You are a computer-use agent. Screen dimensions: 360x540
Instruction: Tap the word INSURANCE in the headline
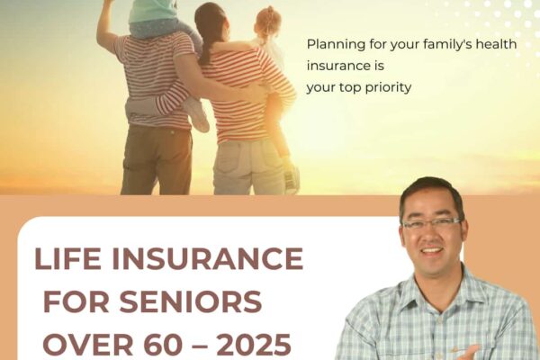pyautogui.click(x=206, y=260)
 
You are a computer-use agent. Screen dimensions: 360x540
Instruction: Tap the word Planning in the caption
pyautogui.click(x=336, y=43)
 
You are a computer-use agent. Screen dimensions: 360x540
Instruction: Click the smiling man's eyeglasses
pyautogui.click(x=431, y=222)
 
